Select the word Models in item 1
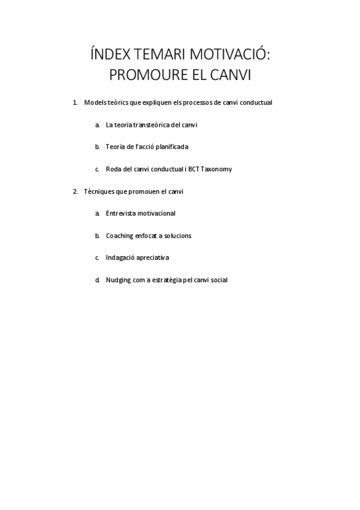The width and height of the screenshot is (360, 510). pyautogui.click(x=94, y=103)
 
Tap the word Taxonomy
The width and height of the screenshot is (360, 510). pyautogui.click(x=216, y=169)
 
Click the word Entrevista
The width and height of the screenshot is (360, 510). pyautogui.click(x=120, y=214)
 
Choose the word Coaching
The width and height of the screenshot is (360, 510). pyautogui.click(x=120, y=236)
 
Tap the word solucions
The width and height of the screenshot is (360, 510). pyautogui.click(x=177, y=236)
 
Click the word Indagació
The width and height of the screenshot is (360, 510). pyautogui.click(x=120, y=257)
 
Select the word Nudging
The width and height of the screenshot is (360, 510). pyautogui.click(x=118, y=280)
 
